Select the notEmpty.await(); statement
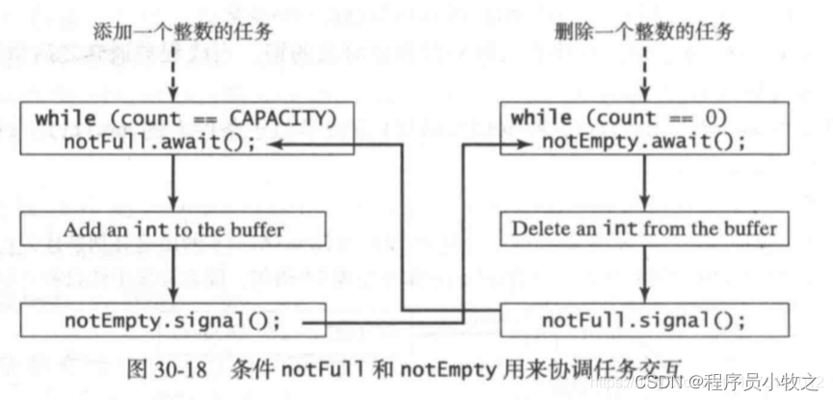[631, 142]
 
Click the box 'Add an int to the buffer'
[174, 229]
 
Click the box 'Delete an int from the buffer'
[643, 229]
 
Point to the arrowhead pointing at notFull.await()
[278, 143]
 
